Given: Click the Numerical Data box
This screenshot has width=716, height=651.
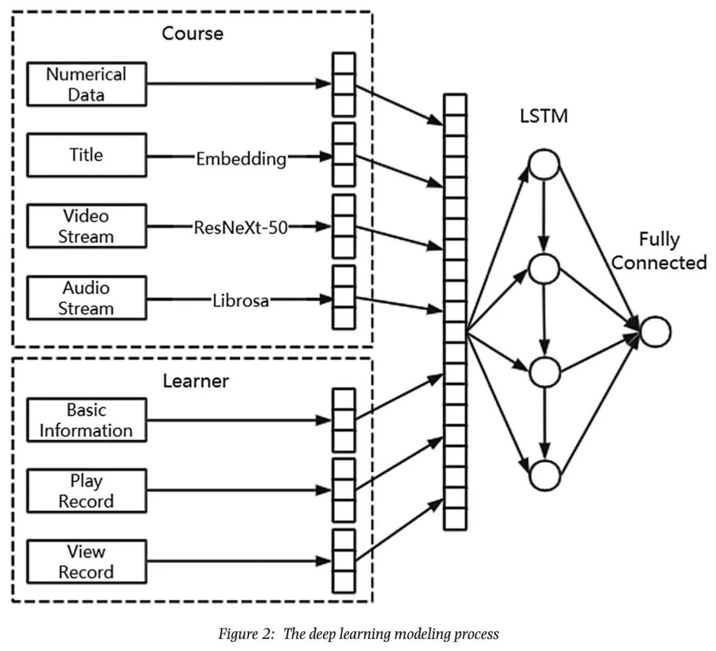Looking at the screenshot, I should [86, 84].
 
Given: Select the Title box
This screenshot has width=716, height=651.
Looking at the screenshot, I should [86, 156].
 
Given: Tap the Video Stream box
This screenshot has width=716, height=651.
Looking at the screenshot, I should [86, 227].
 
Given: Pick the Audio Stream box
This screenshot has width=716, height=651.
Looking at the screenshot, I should [86, 298].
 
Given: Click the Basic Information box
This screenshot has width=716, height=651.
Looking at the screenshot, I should [86, 420].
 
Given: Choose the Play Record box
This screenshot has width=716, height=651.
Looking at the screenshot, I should [86, 491].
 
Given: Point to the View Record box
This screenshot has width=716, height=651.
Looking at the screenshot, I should [86, 562].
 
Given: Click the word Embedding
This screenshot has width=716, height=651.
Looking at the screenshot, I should [241, 159].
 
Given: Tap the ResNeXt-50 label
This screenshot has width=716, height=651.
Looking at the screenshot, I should [241, 228].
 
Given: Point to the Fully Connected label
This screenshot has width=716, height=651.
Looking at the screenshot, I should [659, 251].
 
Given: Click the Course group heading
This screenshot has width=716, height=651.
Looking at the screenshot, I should [192, 33].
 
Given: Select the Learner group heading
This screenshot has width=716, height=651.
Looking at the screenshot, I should [196, 381].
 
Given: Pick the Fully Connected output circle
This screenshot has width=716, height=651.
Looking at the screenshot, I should [655, 332].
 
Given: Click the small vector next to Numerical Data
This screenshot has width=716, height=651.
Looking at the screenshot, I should [343, 84].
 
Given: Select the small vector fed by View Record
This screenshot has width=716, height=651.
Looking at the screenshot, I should [343, 562].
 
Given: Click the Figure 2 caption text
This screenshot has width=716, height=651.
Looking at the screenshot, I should [359, 634].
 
